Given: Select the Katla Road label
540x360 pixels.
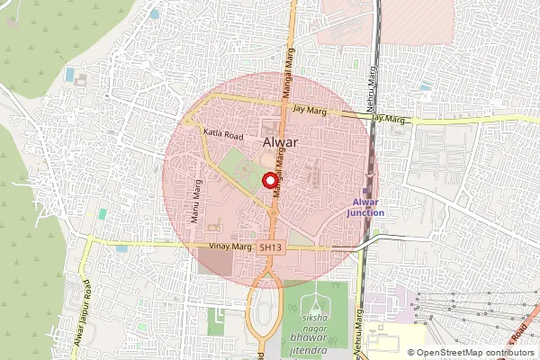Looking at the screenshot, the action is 223,134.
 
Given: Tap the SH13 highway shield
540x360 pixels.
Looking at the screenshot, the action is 270,247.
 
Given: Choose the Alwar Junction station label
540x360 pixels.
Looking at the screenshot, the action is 365,208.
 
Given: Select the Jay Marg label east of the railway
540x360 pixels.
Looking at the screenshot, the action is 389,118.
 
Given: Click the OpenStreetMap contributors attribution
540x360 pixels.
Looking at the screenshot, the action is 474,353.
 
